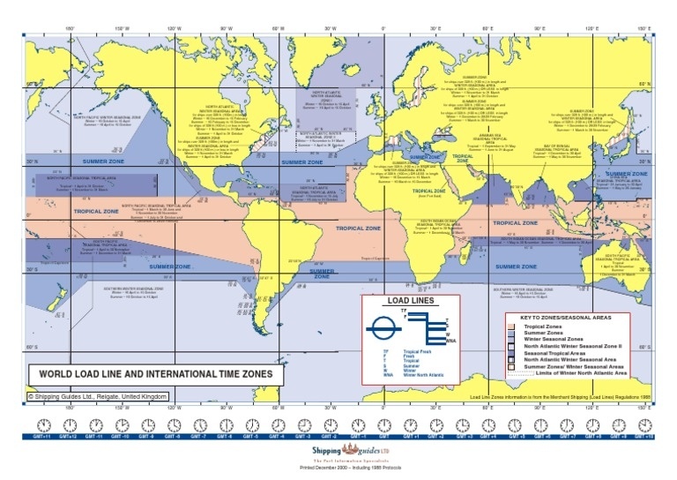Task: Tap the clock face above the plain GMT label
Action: pos(384,424)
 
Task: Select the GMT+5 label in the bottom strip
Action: pos(515,437)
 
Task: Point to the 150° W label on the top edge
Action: pos(123,28)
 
